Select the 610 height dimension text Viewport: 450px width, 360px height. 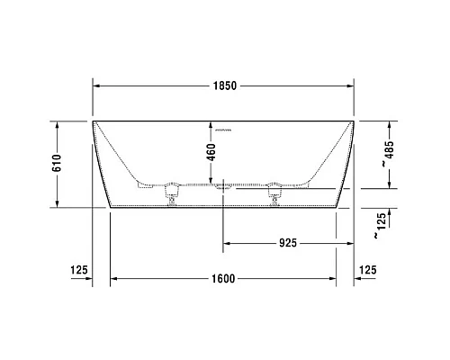click(x=57, y=163)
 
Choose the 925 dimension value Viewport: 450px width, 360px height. click(x=287, y=243)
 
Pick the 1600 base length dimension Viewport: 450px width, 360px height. click(x=224, y=278)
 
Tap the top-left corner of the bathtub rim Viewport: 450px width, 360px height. click(x=94, y=120)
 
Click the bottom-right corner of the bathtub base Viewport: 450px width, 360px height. click(x=337, y=206)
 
